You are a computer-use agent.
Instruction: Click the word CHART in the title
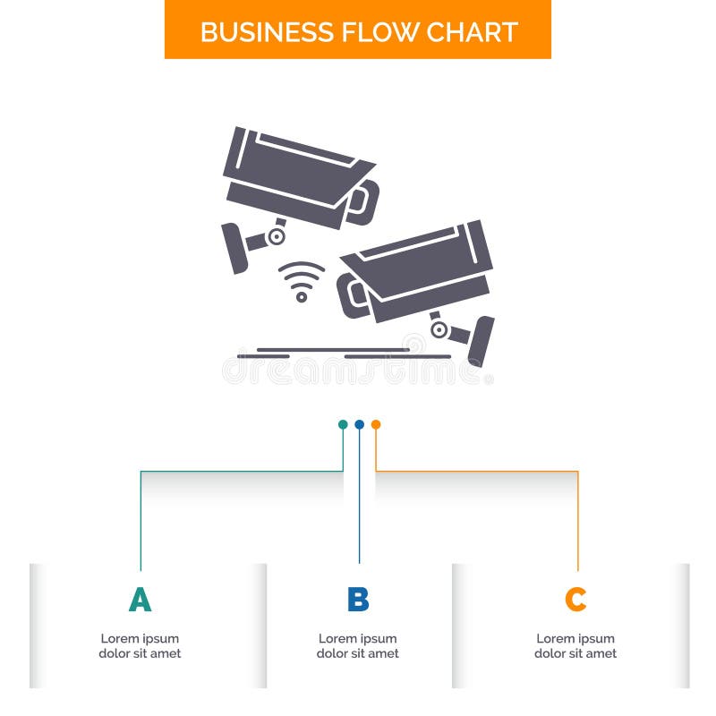(x=471, y=31)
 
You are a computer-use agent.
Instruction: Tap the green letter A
(x=140, y=600)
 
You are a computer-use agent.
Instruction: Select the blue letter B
(x=358, y=600)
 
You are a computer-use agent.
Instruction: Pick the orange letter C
(x=575, y=600)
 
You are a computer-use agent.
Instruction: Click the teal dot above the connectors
(x=343, y=424)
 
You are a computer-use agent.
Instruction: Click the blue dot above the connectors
(x=359, y=424)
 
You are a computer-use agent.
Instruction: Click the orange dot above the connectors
(x=376, y=424)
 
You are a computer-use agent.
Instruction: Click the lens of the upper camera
(x=362, y=202)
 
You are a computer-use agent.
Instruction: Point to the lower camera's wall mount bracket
(x=481, y=340)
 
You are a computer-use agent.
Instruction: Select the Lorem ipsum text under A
(x=140, y=646)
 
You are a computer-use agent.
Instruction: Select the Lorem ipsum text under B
(x=358, y=646)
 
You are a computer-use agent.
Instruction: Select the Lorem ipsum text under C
(x=575, y=646)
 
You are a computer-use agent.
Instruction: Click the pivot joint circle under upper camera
(x=277, y=236)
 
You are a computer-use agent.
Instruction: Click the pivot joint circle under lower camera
(x=439, y=329)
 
